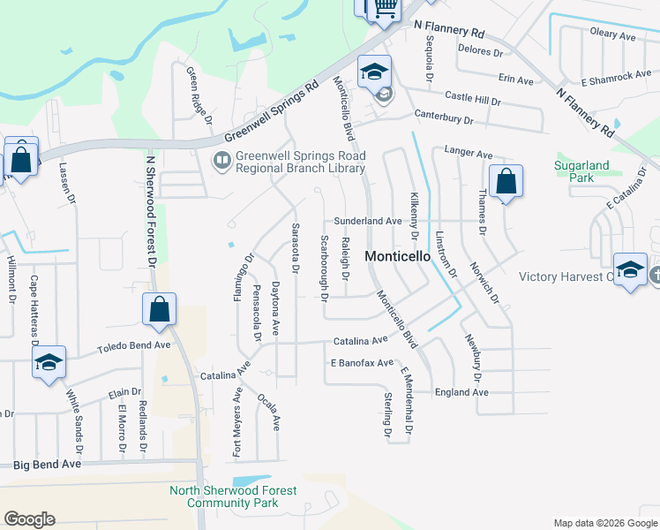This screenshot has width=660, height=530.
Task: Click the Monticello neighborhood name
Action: coord(396,256)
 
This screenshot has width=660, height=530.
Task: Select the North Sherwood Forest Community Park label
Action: coord(233,496)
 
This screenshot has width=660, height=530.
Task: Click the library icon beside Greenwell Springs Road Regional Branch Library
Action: coord(221,161)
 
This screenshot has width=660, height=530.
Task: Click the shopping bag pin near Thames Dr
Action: coord(506,183)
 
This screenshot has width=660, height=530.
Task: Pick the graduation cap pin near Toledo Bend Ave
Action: coord(49,363)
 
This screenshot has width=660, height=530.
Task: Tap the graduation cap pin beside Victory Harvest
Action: coord(630,270)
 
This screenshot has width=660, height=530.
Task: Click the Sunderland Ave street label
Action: coord(368,221)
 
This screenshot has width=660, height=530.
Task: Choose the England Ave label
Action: coord(461,392)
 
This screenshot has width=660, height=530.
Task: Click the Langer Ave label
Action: coord(469,154)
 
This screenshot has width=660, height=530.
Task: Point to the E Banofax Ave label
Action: coord(362,363)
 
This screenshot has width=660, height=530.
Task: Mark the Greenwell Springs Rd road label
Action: coord(270,112)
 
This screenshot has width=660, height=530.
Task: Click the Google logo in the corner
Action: coord(29,519)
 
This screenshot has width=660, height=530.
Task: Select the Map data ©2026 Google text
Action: coord(604,523)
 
